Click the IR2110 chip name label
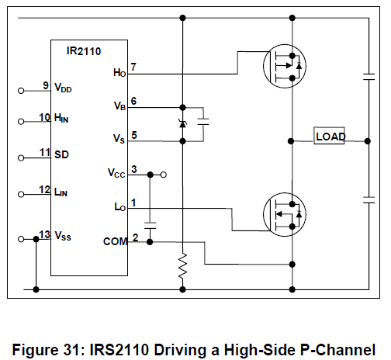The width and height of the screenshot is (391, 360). [84, 51]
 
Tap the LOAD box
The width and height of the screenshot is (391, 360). [329, 136]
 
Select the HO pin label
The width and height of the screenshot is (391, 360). [119, 73]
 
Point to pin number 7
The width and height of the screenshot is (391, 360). [133, 67]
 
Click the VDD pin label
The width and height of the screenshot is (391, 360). [63, 88]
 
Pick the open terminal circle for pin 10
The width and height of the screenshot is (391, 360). [21, 122]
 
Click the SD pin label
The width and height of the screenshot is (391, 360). [61, 154]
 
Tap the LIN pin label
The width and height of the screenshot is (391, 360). [61, 192]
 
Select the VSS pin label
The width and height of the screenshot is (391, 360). [63, 236]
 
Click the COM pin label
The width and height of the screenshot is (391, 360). [116, 241]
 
